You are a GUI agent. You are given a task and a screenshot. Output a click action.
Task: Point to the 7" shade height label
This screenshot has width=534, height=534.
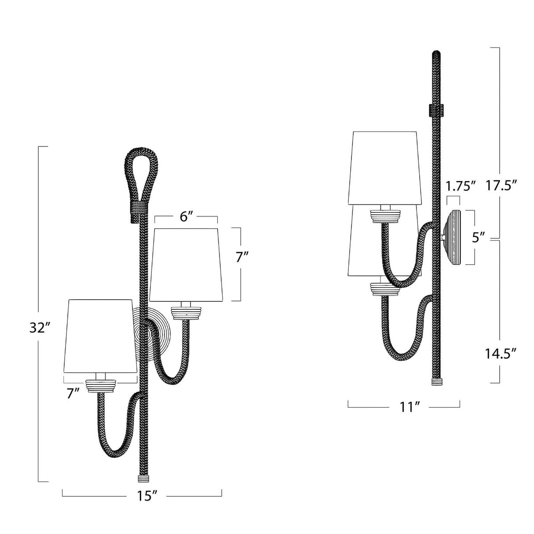pos(242,256)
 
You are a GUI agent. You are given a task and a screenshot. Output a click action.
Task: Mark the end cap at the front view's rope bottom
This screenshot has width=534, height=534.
pos(144,477)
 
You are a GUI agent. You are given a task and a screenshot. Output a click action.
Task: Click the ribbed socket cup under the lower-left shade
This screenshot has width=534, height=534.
pos(102,386)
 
